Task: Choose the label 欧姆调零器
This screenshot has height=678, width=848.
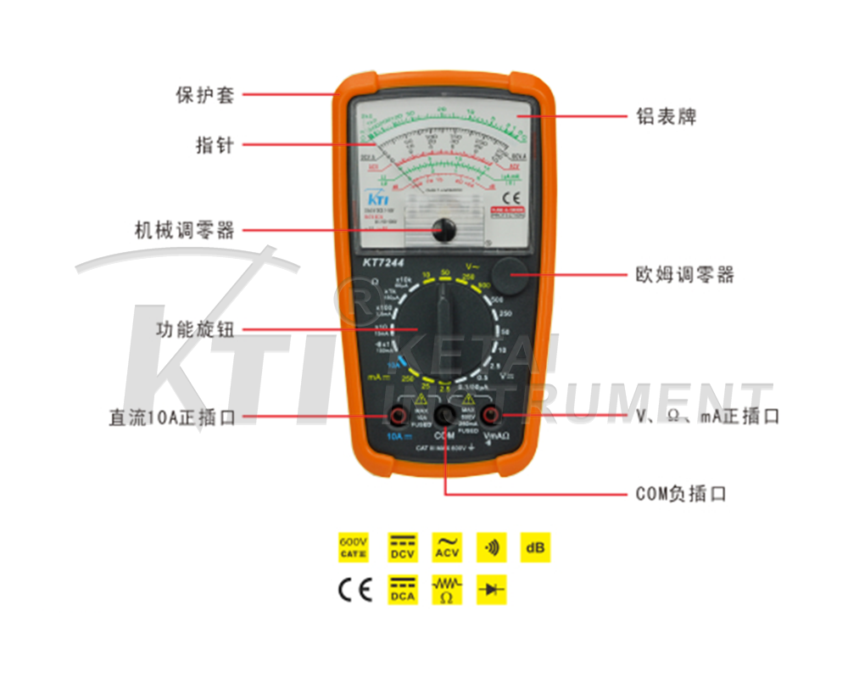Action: click(684, 275)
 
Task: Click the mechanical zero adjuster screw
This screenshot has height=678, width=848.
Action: click(443, 229)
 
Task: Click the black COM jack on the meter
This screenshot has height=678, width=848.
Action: click(444, 415)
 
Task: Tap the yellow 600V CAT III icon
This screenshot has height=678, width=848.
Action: click(354, 547)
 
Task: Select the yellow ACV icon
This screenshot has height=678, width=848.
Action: click(447, 547)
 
